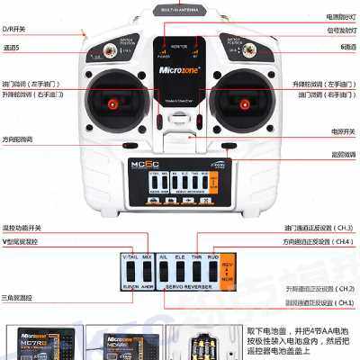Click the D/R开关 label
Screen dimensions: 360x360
(14, 31)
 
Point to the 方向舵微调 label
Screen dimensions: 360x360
(18, 139)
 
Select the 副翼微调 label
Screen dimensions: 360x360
(342, 154)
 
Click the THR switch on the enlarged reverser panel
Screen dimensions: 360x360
(196, 269)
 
